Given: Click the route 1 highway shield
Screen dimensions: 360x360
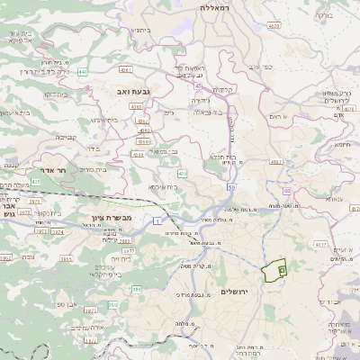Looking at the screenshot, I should click(157, 220).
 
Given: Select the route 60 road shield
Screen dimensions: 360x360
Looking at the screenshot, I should click(286, 191).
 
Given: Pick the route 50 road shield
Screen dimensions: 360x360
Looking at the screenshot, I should click(231, 187).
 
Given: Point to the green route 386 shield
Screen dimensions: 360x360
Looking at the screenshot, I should click(137, 289).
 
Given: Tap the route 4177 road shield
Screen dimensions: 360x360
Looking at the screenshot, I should click(320, 243).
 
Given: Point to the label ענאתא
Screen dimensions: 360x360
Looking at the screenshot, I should click(334, 199).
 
